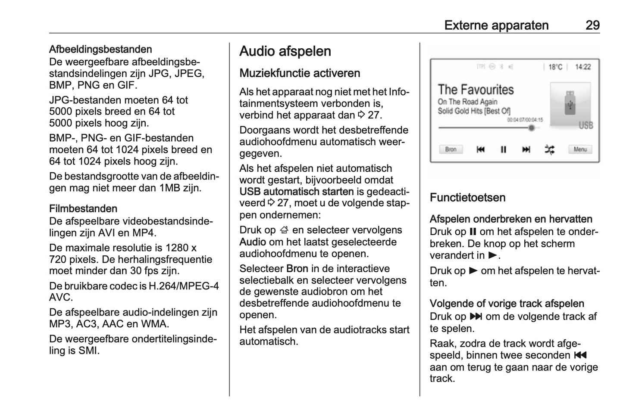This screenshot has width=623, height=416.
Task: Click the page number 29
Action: [592, 25]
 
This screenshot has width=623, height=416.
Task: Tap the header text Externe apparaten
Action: [496, 25]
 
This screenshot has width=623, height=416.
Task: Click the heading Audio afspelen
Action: [285, 51]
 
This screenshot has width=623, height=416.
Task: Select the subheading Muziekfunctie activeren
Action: [300, 73]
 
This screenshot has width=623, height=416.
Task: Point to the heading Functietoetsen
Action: [467, 198]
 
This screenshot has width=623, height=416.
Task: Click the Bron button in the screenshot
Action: [451, 149]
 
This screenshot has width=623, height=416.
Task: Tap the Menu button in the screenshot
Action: [580, 149]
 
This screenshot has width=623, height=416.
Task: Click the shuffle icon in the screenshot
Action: [549, 149]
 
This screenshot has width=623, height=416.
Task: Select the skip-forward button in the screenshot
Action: [526, 149]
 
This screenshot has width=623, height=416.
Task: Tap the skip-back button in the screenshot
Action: [480, 149]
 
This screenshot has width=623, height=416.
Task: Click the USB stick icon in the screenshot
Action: [570, 102]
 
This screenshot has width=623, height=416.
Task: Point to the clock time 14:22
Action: [583, 67]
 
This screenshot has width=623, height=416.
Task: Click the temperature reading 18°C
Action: [555, 67]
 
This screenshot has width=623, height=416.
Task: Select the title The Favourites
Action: [476, 90]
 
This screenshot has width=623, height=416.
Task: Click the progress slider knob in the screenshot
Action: [532, 128]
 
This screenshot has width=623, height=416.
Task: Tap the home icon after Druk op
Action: [283, 230]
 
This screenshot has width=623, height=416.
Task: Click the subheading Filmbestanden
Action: [83, 209]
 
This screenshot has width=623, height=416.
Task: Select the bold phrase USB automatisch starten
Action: [297, 192]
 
